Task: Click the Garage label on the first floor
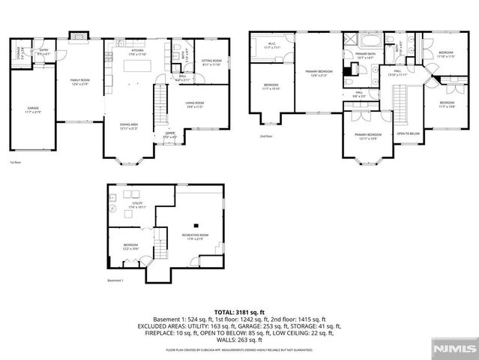[x=34, y=110]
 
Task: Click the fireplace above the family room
[x=77, y=35]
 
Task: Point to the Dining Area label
[x=129, y=126]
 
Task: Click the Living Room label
[x=195, y=106]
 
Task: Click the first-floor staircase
[x=160, y=105]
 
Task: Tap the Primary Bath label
[x=366, y=56]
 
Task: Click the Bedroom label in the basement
[x=130, y=246]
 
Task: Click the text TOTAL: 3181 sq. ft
[x=239, y=311]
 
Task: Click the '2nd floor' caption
[x=265, y=136]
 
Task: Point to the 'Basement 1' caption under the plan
[x=115, y=280]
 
